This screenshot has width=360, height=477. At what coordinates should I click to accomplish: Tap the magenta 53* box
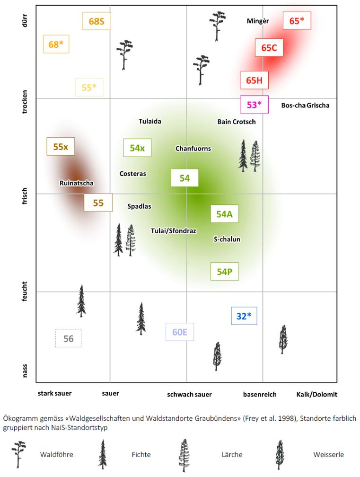pos(254,105)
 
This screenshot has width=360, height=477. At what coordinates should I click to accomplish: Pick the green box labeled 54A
pos(224,214)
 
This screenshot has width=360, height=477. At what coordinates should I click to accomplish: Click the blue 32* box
pos(244,316)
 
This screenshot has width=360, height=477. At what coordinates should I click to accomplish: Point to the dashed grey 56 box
pos(69,338)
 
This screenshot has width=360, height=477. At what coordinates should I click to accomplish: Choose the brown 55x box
pos(61,147)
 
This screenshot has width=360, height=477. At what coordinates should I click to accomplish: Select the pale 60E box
pos(180,332)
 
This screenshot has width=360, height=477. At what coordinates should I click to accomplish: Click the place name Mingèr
pos(258,21)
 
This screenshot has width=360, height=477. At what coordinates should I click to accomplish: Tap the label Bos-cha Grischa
pos(305,105)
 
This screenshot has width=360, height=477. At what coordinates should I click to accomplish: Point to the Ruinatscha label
pos(77,183)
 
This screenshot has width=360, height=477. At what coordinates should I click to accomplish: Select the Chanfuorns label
pos(193,149)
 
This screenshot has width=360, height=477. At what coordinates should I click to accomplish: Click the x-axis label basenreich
pos(260,394)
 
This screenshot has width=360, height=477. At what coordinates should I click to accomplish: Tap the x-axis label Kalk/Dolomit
pos(316,394)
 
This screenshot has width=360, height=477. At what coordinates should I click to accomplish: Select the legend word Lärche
pos(232,455)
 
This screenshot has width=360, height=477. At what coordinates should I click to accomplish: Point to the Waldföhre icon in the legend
pos(19,454)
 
